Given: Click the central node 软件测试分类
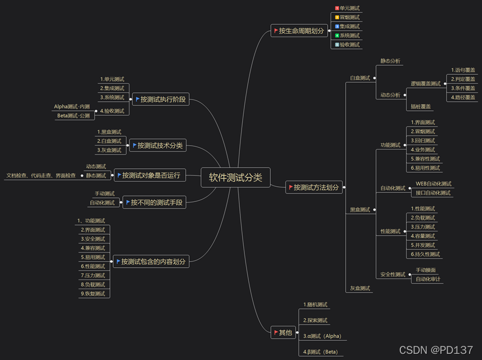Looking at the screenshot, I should click(x=235, y=178).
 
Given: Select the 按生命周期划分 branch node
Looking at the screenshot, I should click(x=300, y=31).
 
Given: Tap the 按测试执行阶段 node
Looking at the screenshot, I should click(x=160, y=100).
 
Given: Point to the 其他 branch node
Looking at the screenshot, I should click(x=284, y=332).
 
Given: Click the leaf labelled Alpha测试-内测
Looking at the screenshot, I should click(x=72, y=106).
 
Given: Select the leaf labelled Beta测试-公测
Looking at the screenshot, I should click(x=73, y=116).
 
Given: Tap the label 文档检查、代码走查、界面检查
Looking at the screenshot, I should click(x=41, y=175).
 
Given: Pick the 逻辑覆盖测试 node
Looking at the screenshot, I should click(x=426, y=84).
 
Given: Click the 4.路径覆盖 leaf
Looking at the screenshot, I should click(x=463, y=97).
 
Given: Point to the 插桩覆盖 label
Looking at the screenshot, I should click(x=421, y=106).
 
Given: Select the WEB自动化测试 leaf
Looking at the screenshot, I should click(x=433, y=184).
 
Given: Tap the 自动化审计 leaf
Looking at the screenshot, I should click(x=428, y=279).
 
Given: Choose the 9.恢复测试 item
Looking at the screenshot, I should click(x=93, y=294).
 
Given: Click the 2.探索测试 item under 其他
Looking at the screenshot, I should click(x=315, y=320).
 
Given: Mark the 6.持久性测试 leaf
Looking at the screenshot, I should click(x=426, y=254).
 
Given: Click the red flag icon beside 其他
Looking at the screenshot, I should click(x=276, y=332).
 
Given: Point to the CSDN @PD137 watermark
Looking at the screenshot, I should click(x=436, y=350).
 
